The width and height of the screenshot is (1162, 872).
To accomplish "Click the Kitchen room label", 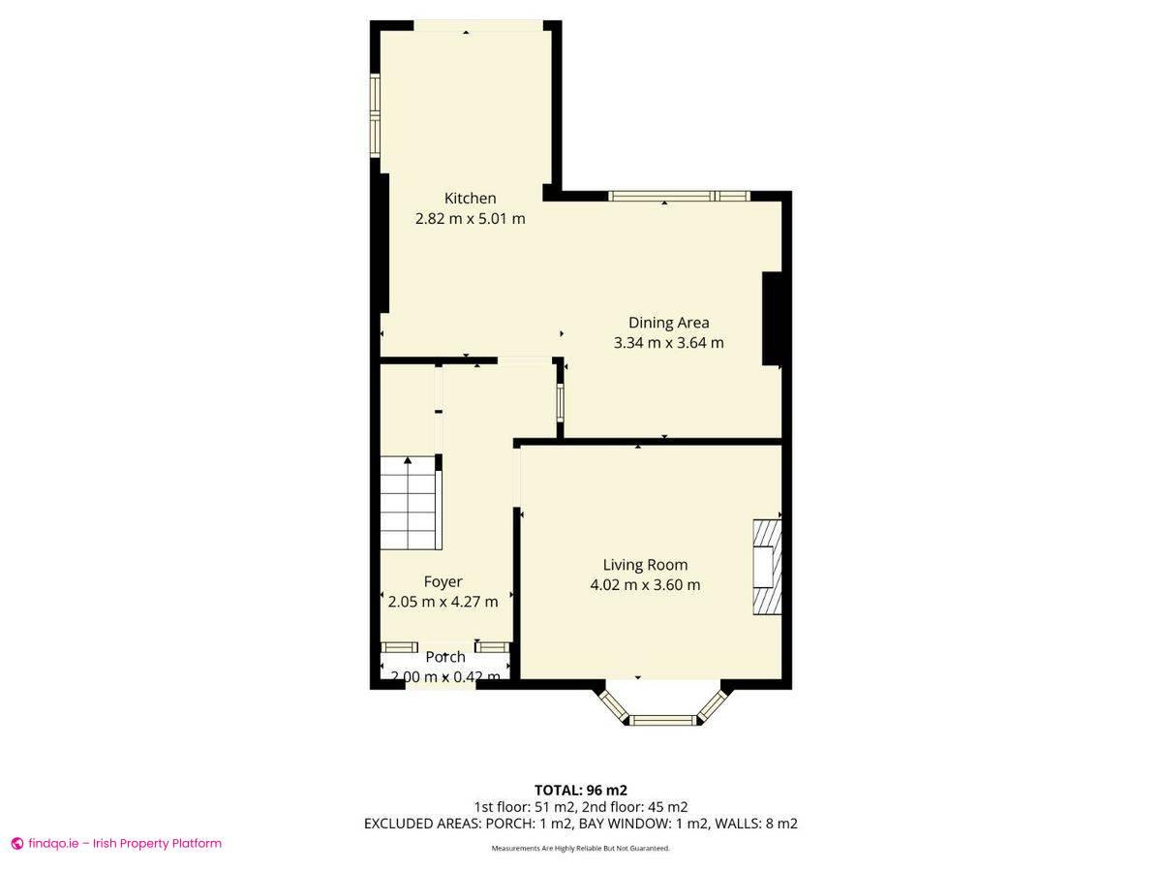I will tap(470, 199).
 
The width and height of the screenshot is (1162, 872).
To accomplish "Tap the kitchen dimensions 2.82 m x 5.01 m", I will tap(470, 219).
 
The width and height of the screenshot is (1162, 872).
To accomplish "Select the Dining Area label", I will tap(668, 323).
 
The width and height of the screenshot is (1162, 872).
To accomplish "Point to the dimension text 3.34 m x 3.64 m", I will tap(668, 343).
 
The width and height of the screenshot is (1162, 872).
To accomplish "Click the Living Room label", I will tap(645, 565).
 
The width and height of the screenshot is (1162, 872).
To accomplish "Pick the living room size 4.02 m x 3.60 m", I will tap(645, 585).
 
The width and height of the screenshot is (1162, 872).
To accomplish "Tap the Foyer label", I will tap(443, 581).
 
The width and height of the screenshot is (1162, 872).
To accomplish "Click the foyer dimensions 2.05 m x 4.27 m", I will tap(443, 602).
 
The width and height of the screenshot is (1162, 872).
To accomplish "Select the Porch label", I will tap(444, 657).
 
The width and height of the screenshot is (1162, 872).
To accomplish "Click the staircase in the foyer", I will tap(410, 504).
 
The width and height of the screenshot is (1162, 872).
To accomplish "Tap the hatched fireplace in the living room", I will tap(766, 568).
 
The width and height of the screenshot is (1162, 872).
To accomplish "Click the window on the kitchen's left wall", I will tap(375, 115).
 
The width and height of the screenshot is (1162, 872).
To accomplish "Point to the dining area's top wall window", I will tap(679, 196).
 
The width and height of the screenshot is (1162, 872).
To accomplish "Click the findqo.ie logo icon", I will tap(16, 844).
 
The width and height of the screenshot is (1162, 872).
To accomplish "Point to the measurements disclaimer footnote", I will tap(580, 849).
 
